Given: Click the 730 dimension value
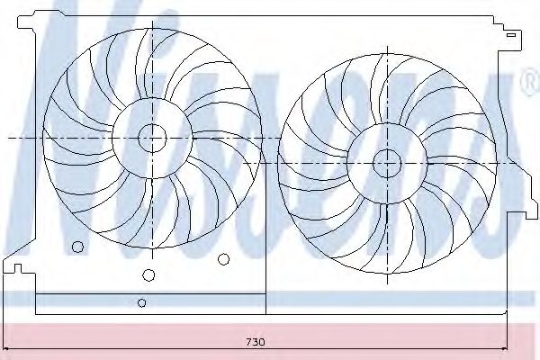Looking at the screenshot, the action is [x=256, y=342].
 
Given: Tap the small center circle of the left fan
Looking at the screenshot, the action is [x=152, y=138].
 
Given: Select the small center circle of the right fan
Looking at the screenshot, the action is [x=387, y=163].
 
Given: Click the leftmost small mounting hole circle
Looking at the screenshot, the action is [x=77, y=247].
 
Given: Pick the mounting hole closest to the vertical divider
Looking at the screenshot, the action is [x=223, y=259].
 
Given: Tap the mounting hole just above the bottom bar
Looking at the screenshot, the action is [x=148, y=274].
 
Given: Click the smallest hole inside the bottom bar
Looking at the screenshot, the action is [x=141, y=302].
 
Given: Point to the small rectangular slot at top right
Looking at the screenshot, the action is [x=510, y=35].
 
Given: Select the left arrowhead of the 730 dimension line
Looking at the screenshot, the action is [x=6, y=349].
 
